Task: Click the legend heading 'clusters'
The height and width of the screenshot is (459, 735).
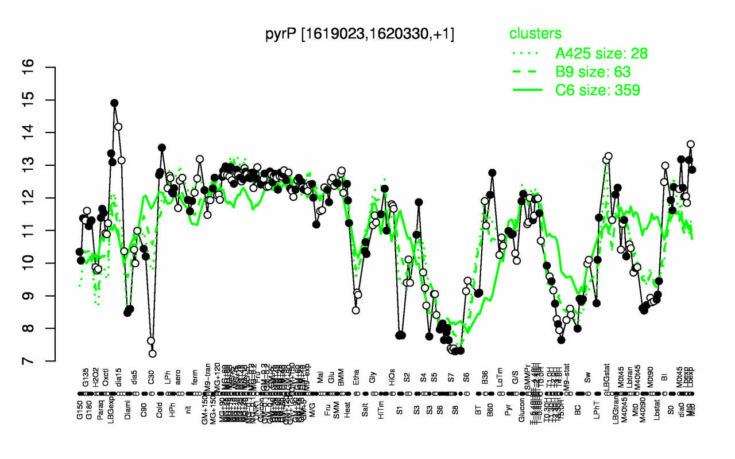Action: pos(535,34)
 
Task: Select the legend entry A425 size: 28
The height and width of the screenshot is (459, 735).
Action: pos(601,53)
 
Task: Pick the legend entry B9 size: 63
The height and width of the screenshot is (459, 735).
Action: pos(593,72)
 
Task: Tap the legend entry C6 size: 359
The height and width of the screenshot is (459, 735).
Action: pos(597,90)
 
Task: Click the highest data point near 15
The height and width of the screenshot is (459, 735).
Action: pos(114,103)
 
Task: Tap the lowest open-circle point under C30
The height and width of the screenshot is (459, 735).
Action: pos(152,353)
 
